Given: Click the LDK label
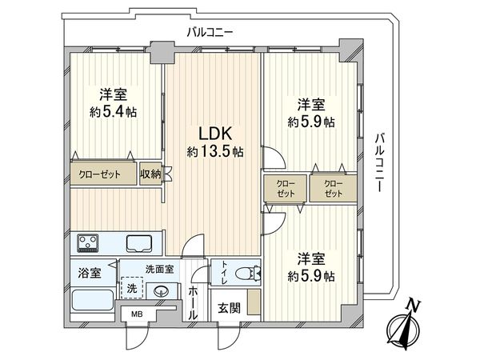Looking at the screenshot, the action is (x=215, y=134).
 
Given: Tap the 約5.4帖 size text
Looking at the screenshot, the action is (x=113, y=112).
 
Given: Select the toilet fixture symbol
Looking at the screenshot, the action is (x=248, y=273).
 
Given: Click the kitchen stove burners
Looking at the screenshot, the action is (x=88, y=242).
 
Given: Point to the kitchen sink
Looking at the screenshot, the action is (x=139, y=244).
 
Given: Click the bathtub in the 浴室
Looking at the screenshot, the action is (x=93, y=300).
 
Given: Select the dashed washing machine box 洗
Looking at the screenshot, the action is (x=132, y=288).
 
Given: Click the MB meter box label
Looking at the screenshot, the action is (x=137, y=314).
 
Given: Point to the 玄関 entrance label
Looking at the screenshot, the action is (x=229, y=308).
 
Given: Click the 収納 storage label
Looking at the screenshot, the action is (x=150, y=174).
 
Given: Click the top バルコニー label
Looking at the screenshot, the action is (x=210, y=32).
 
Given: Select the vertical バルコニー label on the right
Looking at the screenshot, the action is (x=380, y=162).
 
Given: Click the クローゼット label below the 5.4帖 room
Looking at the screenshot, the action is (x=99, y=174).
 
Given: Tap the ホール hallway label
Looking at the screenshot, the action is (x=193, y=303).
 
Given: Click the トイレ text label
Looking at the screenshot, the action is (x=224, y=273).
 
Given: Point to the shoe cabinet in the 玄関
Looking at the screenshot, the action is (x=254, y=302).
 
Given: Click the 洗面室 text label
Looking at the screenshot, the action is (x=159, y=270).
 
